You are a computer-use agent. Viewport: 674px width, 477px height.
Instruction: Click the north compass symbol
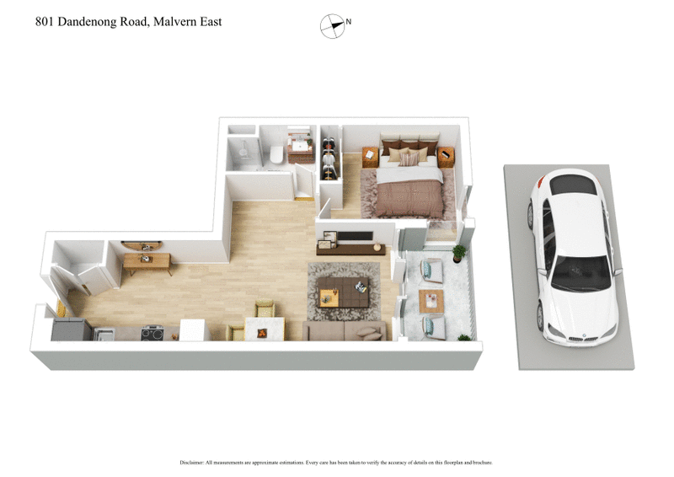tap(333, 26)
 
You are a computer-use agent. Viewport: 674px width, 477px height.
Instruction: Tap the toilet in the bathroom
tap(275, 154)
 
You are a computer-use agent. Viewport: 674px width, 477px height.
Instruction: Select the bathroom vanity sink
tap(298, 147)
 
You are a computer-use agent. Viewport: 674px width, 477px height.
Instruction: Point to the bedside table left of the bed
tap(370, 156)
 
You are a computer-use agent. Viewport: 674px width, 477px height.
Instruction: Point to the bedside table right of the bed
tap(445, 157)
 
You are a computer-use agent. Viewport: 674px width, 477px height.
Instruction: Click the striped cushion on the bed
tap(409, 158)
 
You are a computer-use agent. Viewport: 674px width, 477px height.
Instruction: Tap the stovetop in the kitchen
tap(152, 333)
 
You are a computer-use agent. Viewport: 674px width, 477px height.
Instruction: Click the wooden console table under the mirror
tap(147, 261)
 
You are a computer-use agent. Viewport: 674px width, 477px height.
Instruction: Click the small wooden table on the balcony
tap(431, 298)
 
